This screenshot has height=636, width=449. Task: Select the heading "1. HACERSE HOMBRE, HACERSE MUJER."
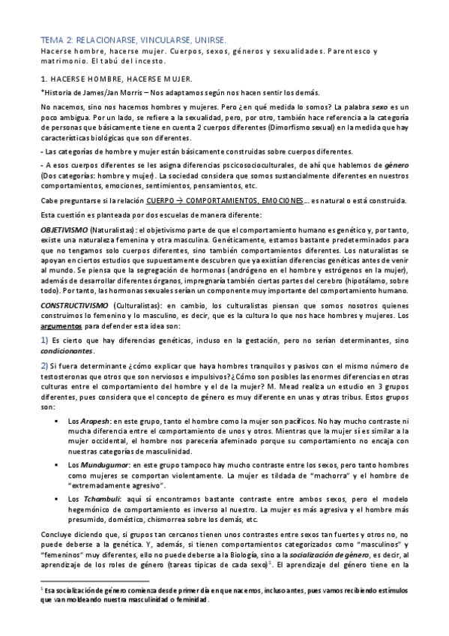pyautogui.click(x=117, y=78)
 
